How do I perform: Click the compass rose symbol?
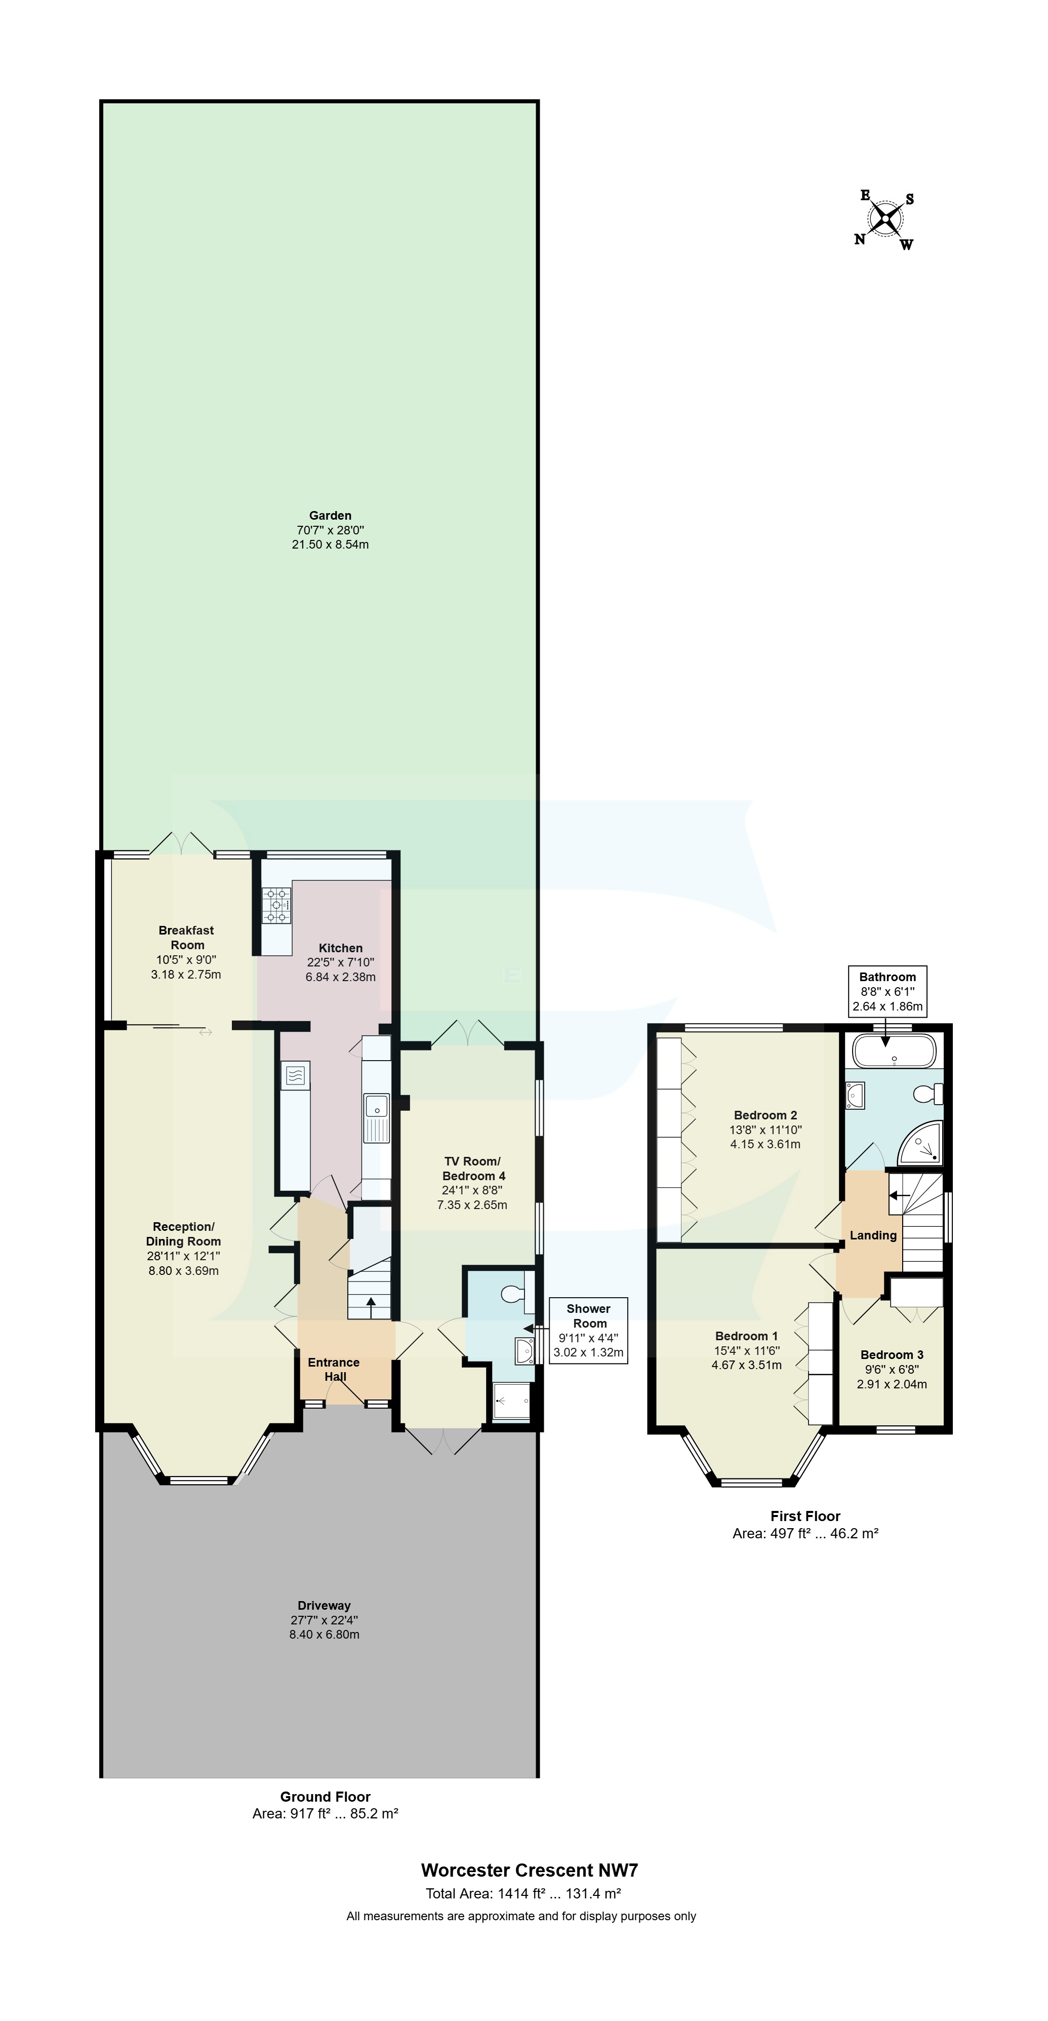885,219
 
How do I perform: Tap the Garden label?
330,516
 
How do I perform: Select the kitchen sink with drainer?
377,1116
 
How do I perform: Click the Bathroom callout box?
887,992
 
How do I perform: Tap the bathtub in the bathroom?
894,1052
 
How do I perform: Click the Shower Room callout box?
588,1331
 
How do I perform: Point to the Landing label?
873,1235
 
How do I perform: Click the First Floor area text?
805,1533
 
